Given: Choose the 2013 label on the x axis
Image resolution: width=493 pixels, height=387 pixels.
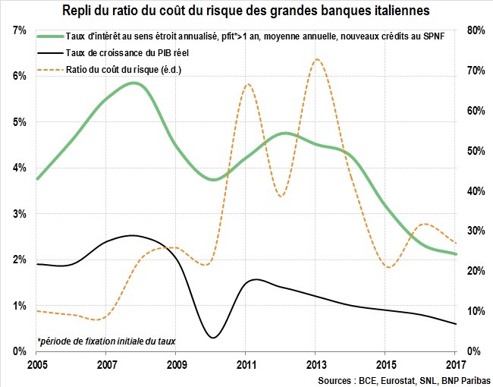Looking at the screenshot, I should click(x=316, y=362).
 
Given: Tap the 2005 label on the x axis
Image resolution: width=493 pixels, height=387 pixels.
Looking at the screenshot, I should click(x=36, y=362).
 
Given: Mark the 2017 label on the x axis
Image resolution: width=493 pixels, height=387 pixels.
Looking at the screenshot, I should click(x=455, y=362).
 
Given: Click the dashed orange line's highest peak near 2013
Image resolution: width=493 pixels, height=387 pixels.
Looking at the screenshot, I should click(x=316, y=59).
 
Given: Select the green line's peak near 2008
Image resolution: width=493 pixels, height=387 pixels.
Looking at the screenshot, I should click(x=135, y=83).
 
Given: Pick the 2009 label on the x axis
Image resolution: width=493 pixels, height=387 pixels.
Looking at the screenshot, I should click(x=176, y=362).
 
